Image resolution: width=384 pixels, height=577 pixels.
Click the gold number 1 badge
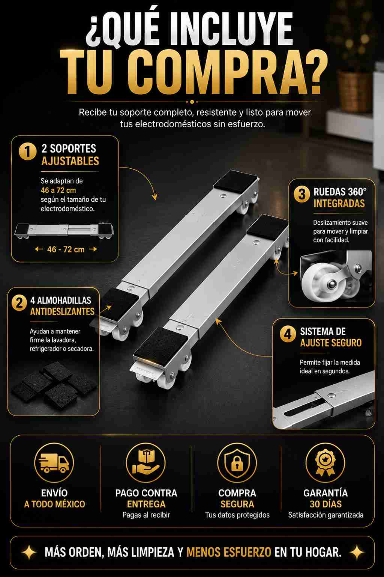27,151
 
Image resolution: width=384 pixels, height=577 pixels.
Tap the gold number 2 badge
19,303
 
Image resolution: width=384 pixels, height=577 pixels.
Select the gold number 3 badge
302,194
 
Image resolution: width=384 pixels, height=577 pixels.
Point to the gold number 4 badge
288,334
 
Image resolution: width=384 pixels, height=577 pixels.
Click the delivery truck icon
54,463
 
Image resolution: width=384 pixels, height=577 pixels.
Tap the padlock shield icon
237,463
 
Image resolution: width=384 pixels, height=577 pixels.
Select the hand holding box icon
145,462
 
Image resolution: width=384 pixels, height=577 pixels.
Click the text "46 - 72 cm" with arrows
66,249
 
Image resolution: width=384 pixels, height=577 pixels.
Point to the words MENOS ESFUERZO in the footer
229,552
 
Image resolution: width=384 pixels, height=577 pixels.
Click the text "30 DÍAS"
325,504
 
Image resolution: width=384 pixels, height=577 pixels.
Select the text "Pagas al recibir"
146,515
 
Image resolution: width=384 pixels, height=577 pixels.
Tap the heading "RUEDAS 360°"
340,192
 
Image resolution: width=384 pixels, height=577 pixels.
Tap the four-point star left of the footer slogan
29,552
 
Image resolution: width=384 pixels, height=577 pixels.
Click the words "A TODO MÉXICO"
54,504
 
